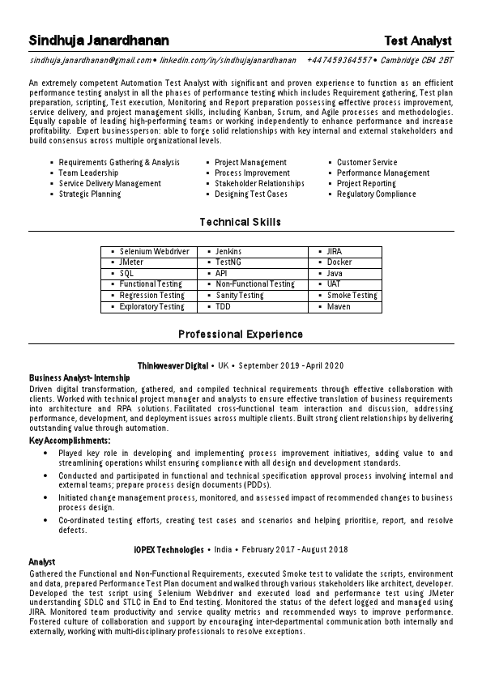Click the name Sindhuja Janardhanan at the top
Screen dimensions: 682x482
(99, 40)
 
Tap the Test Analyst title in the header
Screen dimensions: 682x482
(418, 40)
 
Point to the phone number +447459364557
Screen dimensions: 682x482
(339, 61)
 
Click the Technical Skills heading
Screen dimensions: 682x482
(241, 221)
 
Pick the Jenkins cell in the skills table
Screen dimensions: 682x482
(228, 252)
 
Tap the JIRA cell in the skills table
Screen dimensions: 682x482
(335, 252)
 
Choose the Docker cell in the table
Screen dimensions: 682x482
(339, 262)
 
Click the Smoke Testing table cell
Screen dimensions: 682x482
(352, 296)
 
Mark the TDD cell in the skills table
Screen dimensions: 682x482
(223, 307)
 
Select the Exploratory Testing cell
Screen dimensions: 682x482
(151, 307)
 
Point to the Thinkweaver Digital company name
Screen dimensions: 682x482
(173, 366)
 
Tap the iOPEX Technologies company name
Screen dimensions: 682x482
(168, 549)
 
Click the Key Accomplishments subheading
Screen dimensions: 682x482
(70, 440)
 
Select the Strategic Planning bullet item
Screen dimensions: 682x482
(90, 194)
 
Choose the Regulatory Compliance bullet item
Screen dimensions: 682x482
(376, 194)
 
